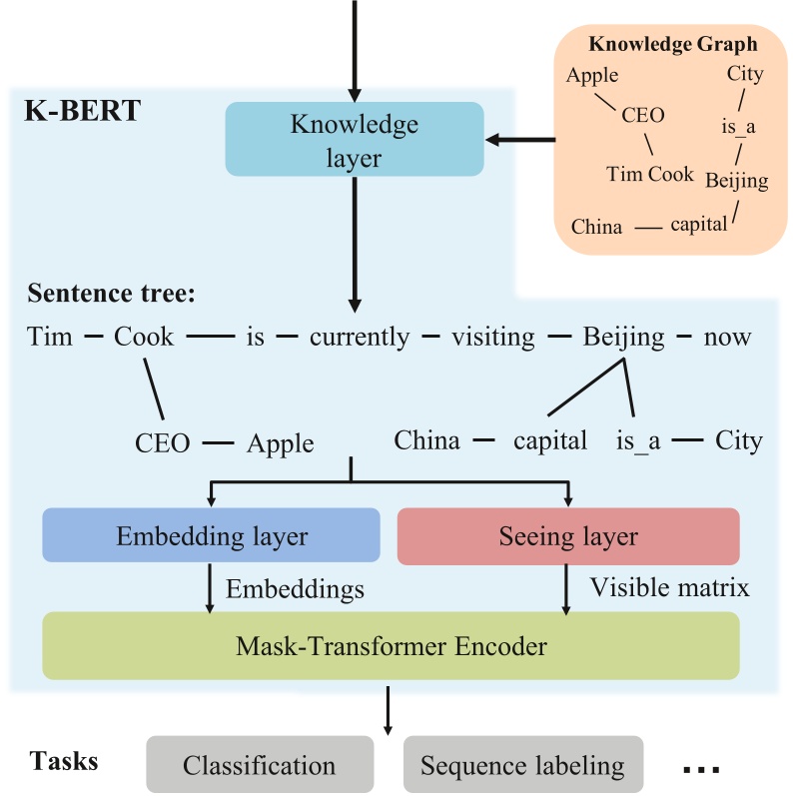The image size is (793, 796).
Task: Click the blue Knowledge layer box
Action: tap(354, 140)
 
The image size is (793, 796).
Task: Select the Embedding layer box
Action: tap(211, 536)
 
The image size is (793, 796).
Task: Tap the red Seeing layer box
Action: tap(567, 536)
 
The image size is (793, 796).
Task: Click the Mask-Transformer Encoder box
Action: tap(391, 646)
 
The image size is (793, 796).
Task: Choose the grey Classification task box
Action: tap(259, 766)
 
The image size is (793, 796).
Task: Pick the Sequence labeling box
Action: tap(522, 766)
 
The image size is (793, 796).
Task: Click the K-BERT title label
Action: tap(82, 109)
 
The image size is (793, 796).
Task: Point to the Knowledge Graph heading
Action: tap(672, 44)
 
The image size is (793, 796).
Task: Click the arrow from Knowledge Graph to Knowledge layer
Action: tap(520, 140)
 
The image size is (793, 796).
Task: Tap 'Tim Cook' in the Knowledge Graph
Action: tap(649, 174)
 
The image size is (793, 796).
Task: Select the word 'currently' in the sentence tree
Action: tap(359, 337)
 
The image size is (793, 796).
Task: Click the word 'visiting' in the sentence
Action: tap(492, 337)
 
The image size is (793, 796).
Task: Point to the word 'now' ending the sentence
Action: tap(726, 337)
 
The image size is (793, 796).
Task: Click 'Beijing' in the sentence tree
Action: tap(623, 337)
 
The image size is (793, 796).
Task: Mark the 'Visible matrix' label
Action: tap(669, 587)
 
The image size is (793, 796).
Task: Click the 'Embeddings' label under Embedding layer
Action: tap(295, 589)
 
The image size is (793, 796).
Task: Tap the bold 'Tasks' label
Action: tap(64, 761)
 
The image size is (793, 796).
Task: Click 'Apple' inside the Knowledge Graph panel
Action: tap(591, 75)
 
